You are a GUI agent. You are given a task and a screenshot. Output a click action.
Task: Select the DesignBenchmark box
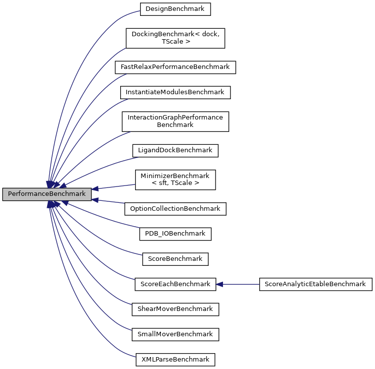pos(175,9)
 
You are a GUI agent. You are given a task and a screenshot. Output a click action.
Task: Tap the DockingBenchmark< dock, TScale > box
pos(175,38)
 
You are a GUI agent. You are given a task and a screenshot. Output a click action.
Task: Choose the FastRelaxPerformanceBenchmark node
pos(175,67)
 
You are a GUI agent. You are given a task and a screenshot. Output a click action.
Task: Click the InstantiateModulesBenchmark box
pos(175,92)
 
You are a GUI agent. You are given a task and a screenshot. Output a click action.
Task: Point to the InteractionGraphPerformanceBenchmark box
pos(175,121)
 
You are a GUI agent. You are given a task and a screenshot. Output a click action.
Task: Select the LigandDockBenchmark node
pos(175,150)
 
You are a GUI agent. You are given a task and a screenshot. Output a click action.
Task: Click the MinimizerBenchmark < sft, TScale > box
pos(175,179)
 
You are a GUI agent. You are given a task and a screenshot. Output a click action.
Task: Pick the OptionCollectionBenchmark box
pos(175,209)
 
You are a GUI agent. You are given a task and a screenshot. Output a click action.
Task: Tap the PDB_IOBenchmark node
pos(175,234)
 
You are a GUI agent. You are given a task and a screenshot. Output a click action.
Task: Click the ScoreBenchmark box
pos(175,259)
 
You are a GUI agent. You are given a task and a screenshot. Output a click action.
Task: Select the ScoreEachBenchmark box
pos(175,284)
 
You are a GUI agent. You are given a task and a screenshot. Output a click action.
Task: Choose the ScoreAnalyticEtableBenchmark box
pos(315,284)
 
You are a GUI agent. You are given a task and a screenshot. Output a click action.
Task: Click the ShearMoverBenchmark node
pos(175,309)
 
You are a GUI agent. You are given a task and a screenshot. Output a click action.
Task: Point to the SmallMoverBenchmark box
pos(175,334)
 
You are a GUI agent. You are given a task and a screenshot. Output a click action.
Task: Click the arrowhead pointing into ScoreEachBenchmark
pos(220,284)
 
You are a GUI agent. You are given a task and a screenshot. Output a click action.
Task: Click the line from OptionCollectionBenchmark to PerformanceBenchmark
pos(112,201)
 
